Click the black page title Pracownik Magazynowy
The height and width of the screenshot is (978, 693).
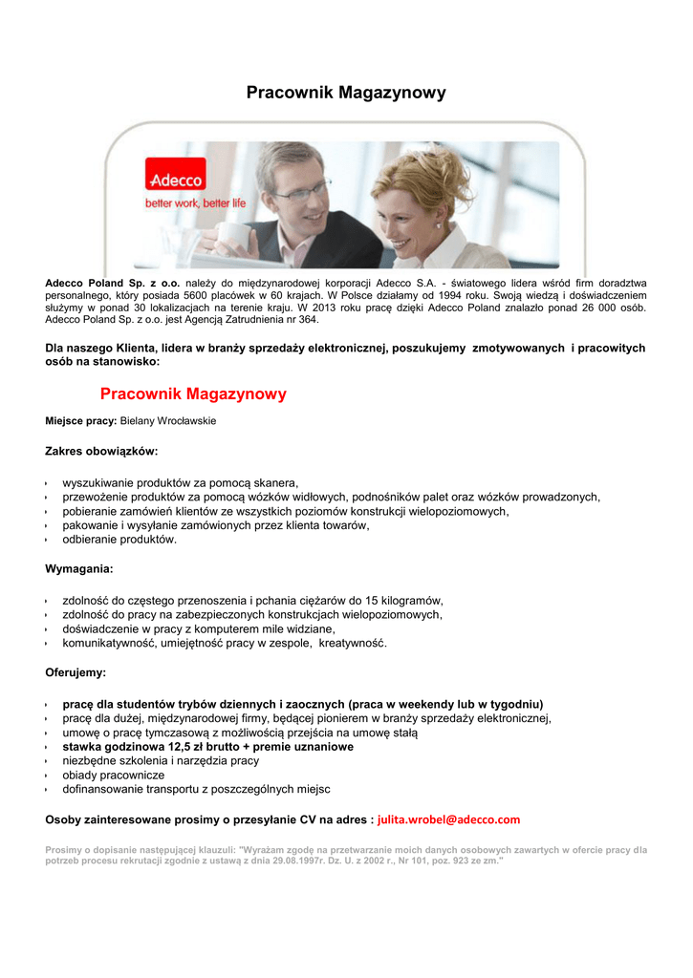(x=346, y=93)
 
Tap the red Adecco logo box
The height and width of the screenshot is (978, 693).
(x=175, y=178)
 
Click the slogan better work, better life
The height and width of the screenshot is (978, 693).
(x=195, y=202)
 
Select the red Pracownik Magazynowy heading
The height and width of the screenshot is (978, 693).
(x=193, y=393)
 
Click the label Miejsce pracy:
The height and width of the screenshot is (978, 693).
(x=81, y=421)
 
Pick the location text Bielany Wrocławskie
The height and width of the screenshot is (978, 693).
(x=168, y=421)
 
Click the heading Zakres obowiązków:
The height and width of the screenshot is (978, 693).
(x=101, y=450)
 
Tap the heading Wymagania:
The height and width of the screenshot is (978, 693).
(x=79, y=569)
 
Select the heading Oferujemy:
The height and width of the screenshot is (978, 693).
(x=76, y=672)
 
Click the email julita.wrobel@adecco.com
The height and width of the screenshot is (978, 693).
(x=449, y=819)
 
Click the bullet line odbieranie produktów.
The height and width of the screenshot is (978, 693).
(x=119, y=539)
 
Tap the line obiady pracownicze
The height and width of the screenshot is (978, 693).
(x=114, y=776)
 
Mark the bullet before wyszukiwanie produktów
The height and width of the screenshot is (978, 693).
(x=47, y=483)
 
